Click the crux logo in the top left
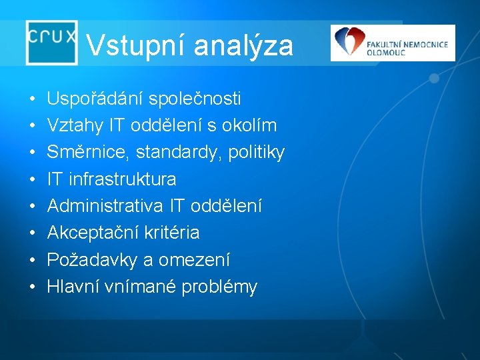(52, 41)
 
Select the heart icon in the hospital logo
(347, 41)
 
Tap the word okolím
(251, 126)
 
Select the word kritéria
(174, 233)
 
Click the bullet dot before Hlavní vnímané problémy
(33, 287)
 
